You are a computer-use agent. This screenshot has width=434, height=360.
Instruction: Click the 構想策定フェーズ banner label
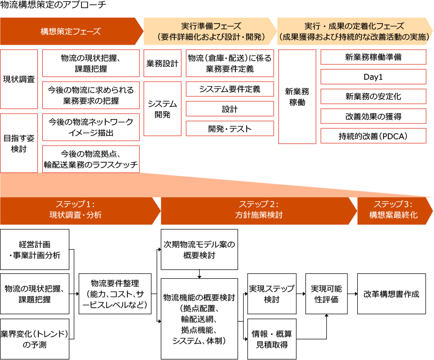click(x=70, y=31)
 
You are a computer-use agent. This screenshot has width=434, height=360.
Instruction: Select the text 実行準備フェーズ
click(x=211, y=26)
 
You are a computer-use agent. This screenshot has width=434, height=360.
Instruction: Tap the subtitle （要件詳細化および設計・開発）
click(x=211, y=37)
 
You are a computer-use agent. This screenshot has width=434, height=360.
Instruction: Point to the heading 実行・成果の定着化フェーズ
click(x=354, y=26)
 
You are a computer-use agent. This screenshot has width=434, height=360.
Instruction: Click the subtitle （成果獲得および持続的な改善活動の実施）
click(x=354, y=37)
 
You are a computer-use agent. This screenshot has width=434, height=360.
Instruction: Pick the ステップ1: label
click(x=75, y=205)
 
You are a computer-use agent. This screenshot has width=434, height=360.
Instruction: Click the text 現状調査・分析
click(x=75, y=215)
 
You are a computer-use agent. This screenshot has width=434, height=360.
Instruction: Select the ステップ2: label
click(x=259, y=205)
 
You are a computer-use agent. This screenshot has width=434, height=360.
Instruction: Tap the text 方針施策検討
click(x=259, y=215)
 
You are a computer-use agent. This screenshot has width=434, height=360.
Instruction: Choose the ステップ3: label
click(x=393, y=205)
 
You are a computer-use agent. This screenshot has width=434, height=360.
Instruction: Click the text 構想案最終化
click(x=393, y=215)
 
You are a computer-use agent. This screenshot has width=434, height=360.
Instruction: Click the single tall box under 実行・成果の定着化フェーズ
click(x=297, y=96)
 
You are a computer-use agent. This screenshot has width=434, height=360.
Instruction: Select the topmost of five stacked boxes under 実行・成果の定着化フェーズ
click(x=374, y=57)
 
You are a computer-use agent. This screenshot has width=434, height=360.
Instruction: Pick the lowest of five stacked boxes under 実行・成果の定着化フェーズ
click(x=374, y=136)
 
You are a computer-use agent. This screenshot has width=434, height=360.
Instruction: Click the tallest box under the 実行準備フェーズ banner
click(x=163, y=109)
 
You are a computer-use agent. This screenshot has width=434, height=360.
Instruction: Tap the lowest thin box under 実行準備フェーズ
click(x=230, y=128)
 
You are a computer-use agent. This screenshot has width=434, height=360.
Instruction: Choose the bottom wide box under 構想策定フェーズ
click(x=91, y=159)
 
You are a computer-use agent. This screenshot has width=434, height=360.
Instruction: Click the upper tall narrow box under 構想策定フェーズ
click(x=19, y=79)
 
